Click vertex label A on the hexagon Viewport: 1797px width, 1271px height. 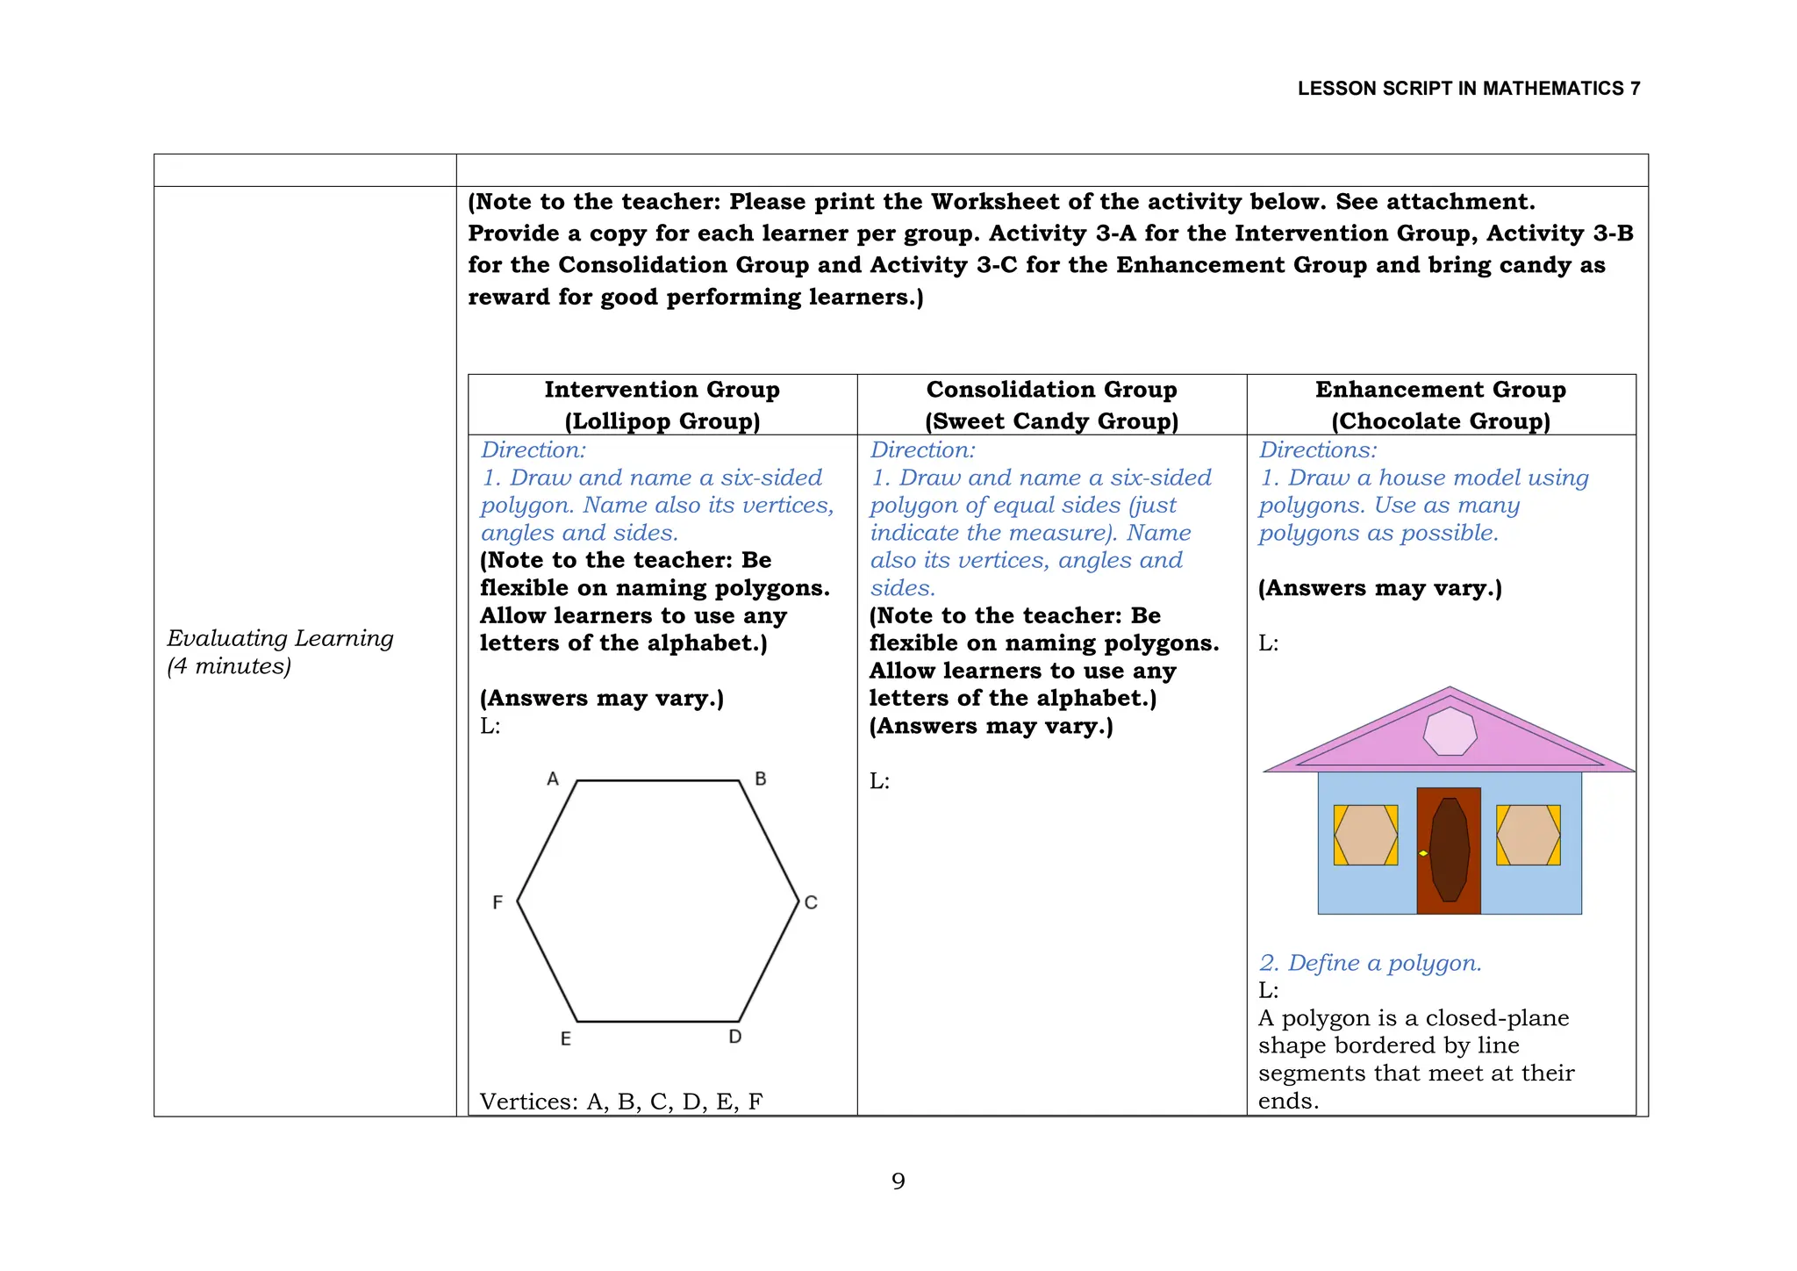[553, 779]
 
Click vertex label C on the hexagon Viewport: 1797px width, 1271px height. [811, 902]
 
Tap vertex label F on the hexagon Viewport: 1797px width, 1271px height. [498, 902]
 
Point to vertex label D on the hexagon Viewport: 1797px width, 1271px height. [735, 1037]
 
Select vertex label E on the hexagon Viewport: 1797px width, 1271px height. [566, 1039]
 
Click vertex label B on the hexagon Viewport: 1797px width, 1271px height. [761, 779]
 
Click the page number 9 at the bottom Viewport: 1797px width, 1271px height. [898, 1181]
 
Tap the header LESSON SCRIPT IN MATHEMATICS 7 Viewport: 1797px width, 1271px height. [1468, 89]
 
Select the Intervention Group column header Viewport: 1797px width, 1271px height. [662, 405]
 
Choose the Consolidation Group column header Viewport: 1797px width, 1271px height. [1051, 405]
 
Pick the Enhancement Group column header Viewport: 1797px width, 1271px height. [1441, 405]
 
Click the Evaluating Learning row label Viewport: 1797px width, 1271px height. [280, 651]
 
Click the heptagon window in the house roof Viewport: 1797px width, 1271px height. [1450, 731]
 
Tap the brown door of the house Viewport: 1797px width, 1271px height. [1449, 850]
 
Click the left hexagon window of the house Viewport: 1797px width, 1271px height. [1365, 835]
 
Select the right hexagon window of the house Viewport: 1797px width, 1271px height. [1529, 835]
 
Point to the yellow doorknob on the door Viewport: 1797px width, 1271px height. [1423, 853]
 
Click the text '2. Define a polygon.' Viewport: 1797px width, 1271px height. [1370, 963]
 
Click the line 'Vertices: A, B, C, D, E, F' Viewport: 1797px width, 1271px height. [621, 1102]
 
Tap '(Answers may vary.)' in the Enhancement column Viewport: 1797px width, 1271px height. [1379, 588]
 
